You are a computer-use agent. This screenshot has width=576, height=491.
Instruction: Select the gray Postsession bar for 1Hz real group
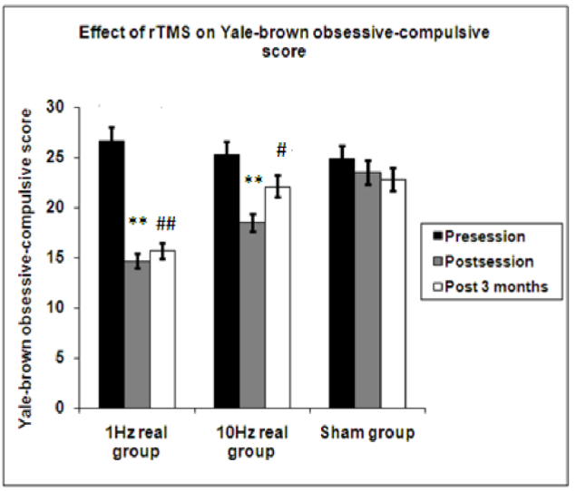point(137,334)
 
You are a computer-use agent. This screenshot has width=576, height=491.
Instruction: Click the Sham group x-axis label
point(367,433)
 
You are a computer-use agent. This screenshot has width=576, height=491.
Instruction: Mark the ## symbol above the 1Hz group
point(166,223)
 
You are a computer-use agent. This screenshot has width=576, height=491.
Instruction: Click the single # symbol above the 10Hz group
point(282,149)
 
